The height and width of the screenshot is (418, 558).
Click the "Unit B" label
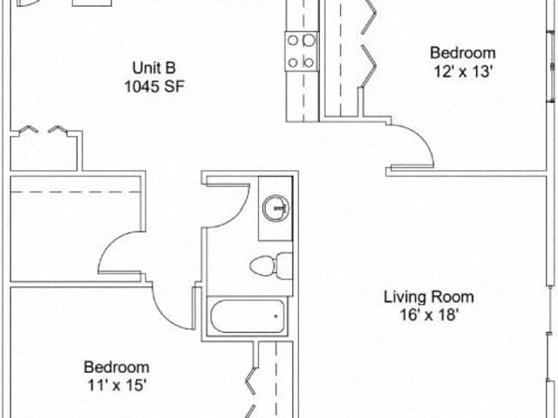click(154, 68)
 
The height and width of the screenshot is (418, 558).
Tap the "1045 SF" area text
click(154, 86)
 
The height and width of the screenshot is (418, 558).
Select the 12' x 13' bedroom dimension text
click(463, 71)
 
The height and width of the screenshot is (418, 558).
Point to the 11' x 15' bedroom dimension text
click(117, 385)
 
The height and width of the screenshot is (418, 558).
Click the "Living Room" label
click(428, 297)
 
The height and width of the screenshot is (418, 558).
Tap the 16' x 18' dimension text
click(428, 315)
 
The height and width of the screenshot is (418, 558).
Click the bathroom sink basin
click(276, 207)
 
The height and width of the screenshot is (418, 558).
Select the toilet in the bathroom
click(271, 266)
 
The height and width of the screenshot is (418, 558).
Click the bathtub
click(248, 316)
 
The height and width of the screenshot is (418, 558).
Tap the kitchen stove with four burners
click(302, 51)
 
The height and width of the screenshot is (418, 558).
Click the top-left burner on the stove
click(293, 41)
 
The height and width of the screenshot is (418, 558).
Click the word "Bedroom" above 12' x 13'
click(463, 53)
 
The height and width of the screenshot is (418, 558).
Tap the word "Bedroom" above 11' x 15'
click(116, 367)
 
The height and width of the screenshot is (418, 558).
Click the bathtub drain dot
click(276, 315)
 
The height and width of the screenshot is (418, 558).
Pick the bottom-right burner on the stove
click(309, 63)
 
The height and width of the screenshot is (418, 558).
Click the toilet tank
click(285, 266)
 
